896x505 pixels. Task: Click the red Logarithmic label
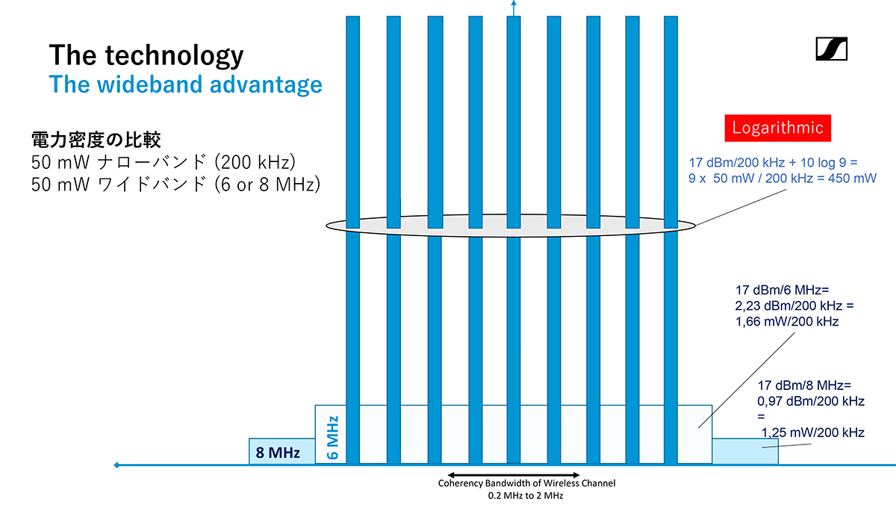click(x=777, y=128)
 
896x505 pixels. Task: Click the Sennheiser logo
click(x=832, y=49)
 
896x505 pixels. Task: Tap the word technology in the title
click(x=175, y=55)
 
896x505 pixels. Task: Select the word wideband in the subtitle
click(x=150, y=84)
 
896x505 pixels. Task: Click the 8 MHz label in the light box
click(x=278, y=453)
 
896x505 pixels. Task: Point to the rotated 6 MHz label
click(x=333, y=437)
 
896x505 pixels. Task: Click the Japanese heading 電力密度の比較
click(x=96, y=140)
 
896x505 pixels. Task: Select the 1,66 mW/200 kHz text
click(x=787, y=321)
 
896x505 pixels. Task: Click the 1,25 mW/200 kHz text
click(x=813, y=433)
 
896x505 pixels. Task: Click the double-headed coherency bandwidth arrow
click(x=514, y=475)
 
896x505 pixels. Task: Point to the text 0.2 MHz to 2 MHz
click(x=526, y=496)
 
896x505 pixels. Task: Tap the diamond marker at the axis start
click(x=116, y=465)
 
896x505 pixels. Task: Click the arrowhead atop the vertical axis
click(x=514, y=3)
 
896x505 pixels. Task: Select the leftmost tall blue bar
click(x=352, y=240)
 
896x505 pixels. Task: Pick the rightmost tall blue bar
click(x=671, y=240)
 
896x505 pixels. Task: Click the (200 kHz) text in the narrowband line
click(x=255, y=162)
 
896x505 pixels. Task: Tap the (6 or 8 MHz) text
click(x=267, y=185)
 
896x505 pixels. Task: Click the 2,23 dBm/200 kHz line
click(x=794, y=306)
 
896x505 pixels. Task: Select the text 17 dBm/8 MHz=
click(x=804, y=385)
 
